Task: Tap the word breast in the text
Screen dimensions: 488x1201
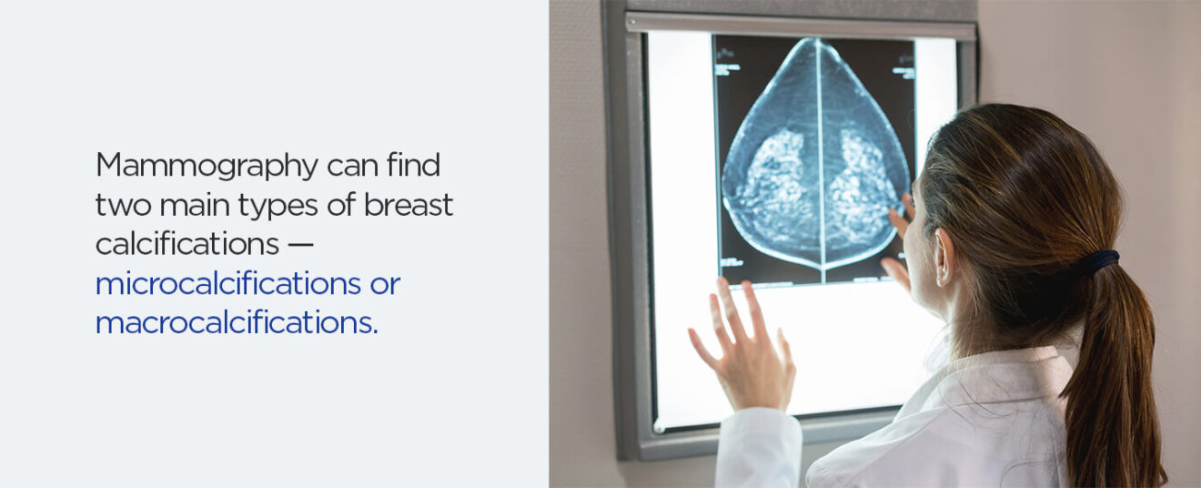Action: point(408,206)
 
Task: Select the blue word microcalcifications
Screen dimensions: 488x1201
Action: point(227,284)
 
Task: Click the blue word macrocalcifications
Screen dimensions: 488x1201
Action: point(236,323)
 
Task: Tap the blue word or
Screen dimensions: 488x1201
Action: point(384,284)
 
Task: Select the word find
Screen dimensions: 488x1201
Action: point(413,166)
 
